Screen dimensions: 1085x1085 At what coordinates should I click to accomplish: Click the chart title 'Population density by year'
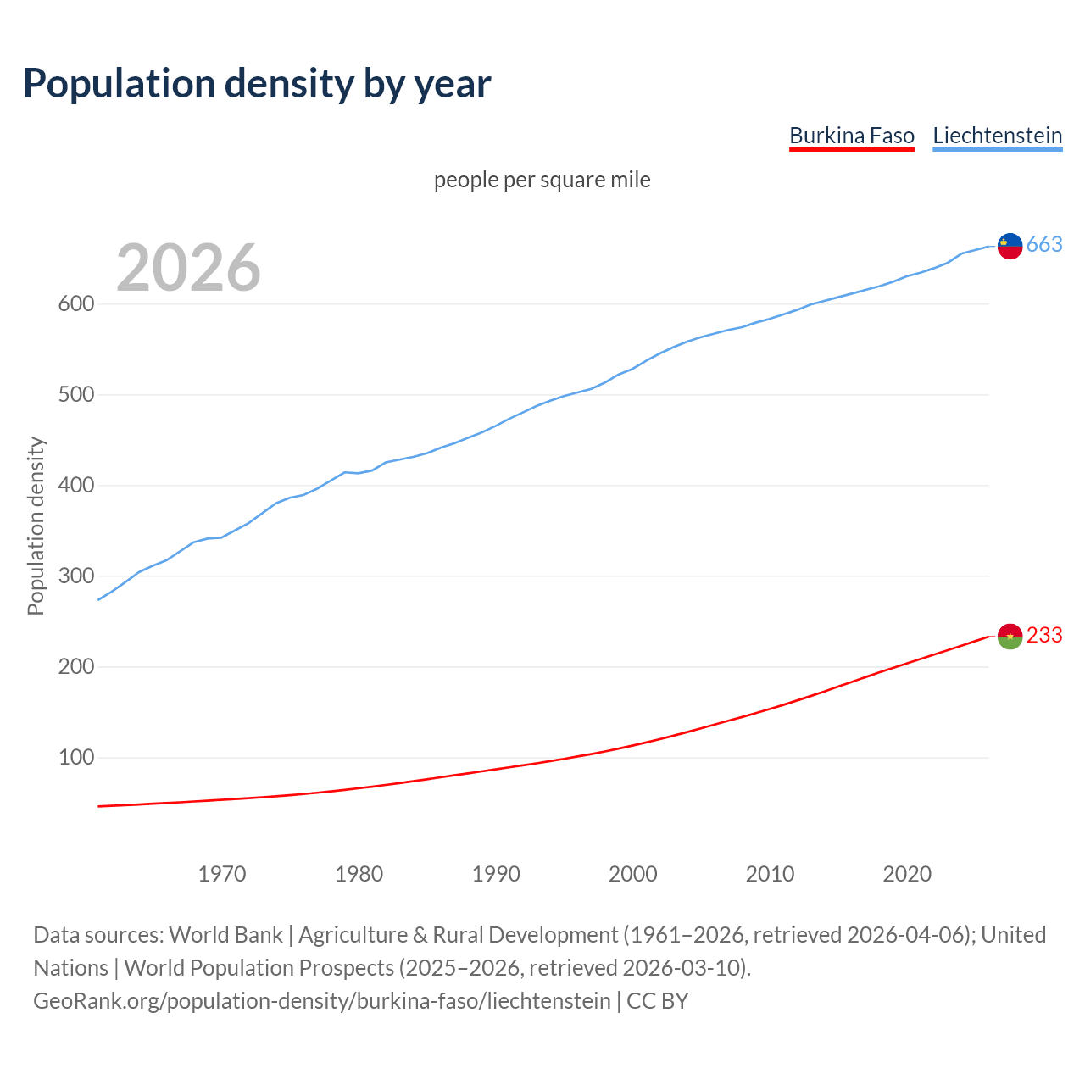click(257, 83)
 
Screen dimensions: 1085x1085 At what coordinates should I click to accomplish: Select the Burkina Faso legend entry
click(851, 136)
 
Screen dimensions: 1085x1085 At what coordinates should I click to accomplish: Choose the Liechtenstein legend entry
click(997, 136)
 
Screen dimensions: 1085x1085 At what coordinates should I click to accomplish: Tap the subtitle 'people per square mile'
click(542, 180)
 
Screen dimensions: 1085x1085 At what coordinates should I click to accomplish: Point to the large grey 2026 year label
click(188, 268)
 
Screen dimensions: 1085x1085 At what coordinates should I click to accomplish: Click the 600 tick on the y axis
click(75, 303)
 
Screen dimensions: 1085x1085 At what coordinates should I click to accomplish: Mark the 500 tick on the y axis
click(75, 394)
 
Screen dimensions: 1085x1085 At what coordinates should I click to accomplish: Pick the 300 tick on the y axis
click(75, 576)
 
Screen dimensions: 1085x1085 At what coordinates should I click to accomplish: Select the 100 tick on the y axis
click(75, 757)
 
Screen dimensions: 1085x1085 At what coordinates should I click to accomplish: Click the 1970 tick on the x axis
click(222, 874)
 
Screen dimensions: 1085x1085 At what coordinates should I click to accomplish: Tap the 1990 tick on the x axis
click(496, 874)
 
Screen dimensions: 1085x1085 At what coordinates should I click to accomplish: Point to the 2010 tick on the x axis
click(770, 874)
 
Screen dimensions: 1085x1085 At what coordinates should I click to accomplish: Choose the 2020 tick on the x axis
click(907, 874)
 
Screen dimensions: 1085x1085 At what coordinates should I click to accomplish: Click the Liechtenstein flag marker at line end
click(1010, 246)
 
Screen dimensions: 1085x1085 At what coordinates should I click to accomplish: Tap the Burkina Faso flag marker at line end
click(1010, 636)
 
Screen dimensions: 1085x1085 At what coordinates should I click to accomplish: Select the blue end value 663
click(1044, 245)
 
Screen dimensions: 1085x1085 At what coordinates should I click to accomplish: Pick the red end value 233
click(1044, 636)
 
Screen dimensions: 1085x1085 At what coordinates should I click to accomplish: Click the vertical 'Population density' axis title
click(36, 526)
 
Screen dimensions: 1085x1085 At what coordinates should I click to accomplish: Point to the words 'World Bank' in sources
click(225, 934)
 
